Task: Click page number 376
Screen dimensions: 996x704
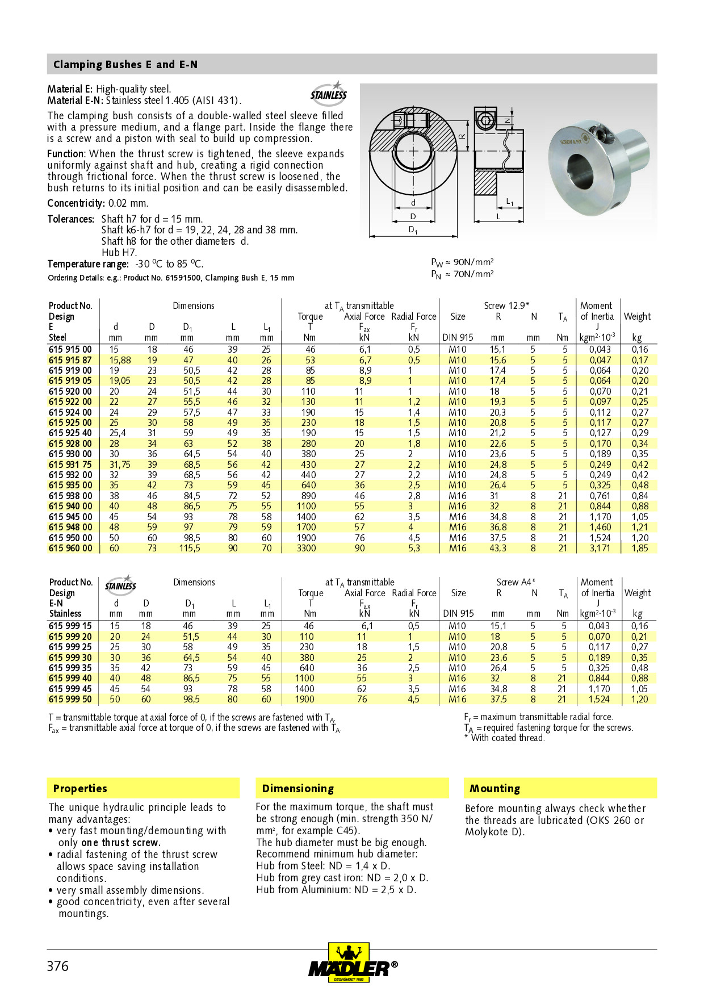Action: coord(57,966)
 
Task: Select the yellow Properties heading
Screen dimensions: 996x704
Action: coord(80,788)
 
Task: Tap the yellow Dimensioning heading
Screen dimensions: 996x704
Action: coord(297,788)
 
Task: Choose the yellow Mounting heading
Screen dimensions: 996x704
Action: coord(495,788)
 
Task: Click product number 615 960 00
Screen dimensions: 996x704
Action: coord(70,548)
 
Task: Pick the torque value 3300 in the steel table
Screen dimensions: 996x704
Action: coord(306,548)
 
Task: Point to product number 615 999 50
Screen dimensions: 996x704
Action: coord(70,699)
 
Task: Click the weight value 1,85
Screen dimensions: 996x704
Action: coord(640,548)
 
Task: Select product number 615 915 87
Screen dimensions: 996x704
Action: coord(70,360)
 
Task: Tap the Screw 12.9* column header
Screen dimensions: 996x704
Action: coord(506,306)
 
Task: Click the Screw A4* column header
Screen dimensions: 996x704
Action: coord(516,582)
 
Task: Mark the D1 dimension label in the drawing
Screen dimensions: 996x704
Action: coord(413,230)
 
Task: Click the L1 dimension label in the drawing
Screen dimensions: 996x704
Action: coord(510,202)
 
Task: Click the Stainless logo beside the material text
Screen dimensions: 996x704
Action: coord(329,93)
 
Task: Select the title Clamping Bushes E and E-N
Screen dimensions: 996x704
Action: coord(125,65)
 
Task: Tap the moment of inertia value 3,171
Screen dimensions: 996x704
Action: coord(600,548)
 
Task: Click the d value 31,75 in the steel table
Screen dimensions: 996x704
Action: coord(120,464)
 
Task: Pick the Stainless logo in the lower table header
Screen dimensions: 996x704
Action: coord(120,585)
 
